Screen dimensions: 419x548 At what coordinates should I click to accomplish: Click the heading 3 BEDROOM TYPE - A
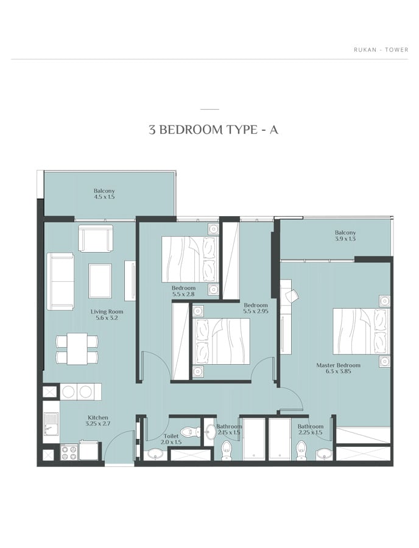(213, 130)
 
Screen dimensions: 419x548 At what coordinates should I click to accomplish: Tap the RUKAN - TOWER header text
(381, 50)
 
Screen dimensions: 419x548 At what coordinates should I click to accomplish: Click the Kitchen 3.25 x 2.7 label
(98, 420)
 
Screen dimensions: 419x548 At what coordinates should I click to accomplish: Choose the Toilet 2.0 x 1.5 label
(171, 439)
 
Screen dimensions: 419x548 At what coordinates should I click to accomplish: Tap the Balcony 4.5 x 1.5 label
(104, 194)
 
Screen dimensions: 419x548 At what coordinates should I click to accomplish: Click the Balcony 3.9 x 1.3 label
(345, 236)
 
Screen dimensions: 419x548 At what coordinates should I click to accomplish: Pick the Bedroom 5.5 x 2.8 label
(183, 291)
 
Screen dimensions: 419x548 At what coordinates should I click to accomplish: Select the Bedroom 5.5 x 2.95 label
(256, 308)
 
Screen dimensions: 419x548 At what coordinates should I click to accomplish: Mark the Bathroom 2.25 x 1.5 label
(311, 429)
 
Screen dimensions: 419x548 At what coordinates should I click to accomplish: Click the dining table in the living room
(77, 349)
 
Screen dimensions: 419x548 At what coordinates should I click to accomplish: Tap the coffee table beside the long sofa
(100, 279)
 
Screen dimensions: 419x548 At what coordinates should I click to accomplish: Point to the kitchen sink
(52, 424)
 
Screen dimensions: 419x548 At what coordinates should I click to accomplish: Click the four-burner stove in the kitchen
(69, 452)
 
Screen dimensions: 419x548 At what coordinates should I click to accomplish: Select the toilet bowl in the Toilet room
(188, 432)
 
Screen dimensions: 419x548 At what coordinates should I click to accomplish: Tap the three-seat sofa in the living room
(60, 281)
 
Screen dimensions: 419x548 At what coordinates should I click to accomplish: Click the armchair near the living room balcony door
(96, 238)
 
